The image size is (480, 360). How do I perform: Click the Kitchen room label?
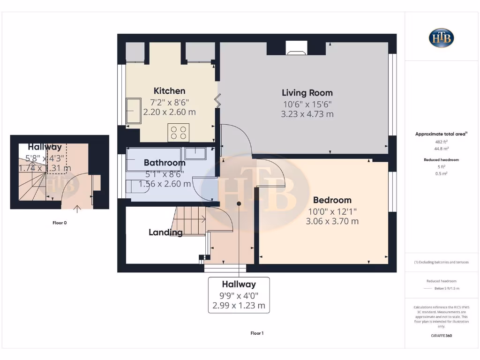[169, 91]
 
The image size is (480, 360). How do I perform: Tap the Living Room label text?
[307, 93]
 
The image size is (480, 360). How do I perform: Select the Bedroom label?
[332, 200]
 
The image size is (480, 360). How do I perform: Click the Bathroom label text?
[165, 163]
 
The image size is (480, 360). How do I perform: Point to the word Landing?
[165, 232]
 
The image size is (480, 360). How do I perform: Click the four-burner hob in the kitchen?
[179, 132]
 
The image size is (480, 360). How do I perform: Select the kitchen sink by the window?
[134, 111]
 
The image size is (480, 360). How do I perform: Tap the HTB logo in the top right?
[441, 38]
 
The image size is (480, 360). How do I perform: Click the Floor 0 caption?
[60, 223]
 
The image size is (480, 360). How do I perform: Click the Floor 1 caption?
[257, 333]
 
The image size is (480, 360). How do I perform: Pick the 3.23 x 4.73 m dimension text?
[307, 114]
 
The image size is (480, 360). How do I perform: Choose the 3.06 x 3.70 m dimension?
[332, 221]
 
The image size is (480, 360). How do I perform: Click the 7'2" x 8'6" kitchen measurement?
[169, 102]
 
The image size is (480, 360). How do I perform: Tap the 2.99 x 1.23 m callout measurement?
[239, 306]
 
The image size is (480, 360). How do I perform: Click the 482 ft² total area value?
[441, 141]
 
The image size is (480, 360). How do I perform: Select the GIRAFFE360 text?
[441, 336]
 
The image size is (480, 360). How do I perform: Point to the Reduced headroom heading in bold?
[441, 160]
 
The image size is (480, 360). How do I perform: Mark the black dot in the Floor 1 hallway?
[239, 203]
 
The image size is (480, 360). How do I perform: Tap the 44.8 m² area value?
[441, 148]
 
